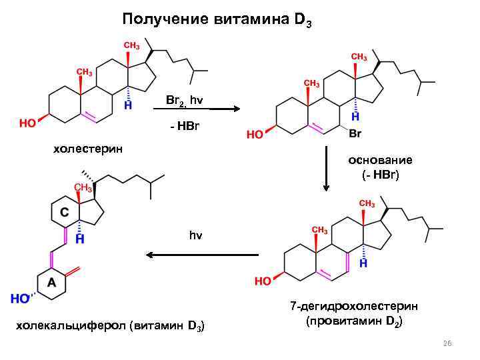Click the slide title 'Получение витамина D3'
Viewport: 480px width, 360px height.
coord(216,19)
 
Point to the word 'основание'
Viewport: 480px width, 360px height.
coord(380,160)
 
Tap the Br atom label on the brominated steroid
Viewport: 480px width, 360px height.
coord(355,133)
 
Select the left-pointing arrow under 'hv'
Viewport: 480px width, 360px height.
coord(201,255)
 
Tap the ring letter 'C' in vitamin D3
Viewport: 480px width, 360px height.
coord(64,212)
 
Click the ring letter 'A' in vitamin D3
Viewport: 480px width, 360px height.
coord(51,283)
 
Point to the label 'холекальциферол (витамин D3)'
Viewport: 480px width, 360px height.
coord(110,326)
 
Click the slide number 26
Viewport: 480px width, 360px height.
coord(447,343)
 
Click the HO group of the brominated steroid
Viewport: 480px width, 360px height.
coord(255,134)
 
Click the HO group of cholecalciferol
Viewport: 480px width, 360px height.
coord(20,299)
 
